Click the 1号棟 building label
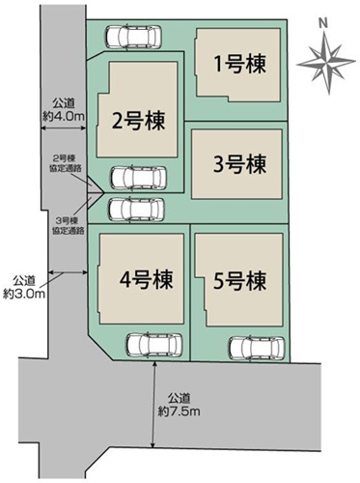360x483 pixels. pyautogui.click(x=240, y=65)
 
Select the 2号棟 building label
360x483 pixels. pyautogui.click(x=138, y=121)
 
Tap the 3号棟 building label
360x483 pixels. pyautogui.click(x=240, y=164)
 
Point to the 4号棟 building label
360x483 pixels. pyautogui.click(x=147, y=279)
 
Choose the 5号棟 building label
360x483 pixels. pyautogui.click(x=240, y=281)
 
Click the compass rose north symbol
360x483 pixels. pyautogui.click(x=326, y=63)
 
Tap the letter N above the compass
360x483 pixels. pyautogui.click(x=323, y=23)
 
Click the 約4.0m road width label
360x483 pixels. pyautogui.click(x=64, y=116)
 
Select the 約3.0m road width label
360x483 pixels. pyautogui.click(x=24, y=294)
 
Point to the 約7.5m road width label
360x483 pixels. pyautogui.click(x=179, y=412)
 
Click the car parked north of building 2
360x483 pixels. pyautogui.click(x=133, y=36)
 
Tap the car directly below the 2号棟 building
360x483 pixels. pyautogui.click(x=139, y=178)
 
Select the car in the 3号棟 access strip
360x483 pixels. pyautogui.click(x=136, y=210)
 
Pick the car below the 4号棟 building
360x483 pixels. pyautogui.click(x=154, y=345)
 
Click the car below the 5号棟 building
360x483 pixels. pyautogui.click(x=257, y=348)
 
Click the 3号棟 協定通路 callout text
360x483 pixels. pyautogui.click(x=69, y=225)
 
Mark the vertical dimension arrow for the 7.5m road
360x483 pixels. pyautogui.click(x=154, y=405)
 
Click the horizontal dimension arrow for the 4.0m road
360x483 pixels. pyautogui.click(x=64, y=128)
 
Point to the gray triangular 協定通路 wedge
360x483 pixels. pyautogui.click(x=94, y=193)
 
